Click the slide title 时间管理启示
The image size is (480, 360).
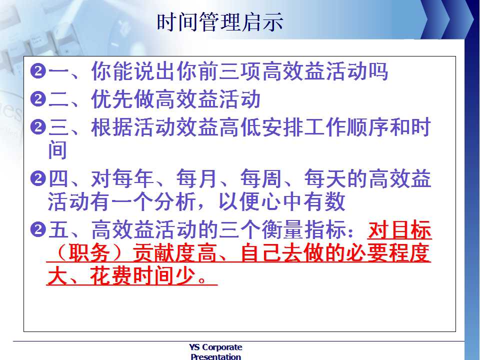click(x=220, y=22)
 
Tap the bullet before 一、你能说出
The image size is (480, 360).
click(x=38, y=71)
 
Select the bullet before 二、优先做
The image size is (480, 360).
click(x=38, y=99)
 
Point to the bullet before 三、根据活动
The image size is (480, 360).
click(x=38, y=127)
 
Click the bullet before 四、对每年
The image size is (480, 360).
click(x=38, y=178)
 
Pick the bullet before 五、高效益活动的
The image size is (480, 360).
click(x=38, y=230)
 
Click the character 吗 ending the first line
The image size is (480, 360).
click(x=378, y=71)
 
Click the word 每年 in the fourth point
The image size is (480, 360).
click(x=133, y=178)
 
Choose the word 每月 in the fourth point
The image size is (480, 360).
click(x=197, y=178)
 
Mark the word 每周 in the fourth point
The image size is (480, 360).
click(x=261, y=178)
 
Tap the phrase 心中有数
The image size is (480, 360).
click(x=303, y=201)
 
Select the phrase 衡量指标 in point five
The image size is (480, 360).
click(x=303, y=229)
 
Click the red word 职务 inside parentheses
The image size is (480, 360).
click(x=89, y=253)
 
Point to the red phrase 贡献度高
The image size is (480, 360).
click(x=174, y=253)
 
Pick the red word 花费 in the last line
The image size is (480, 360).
click(x=111, y=276)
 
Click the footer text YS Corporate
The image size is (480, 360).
click(x=215, y=347)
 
